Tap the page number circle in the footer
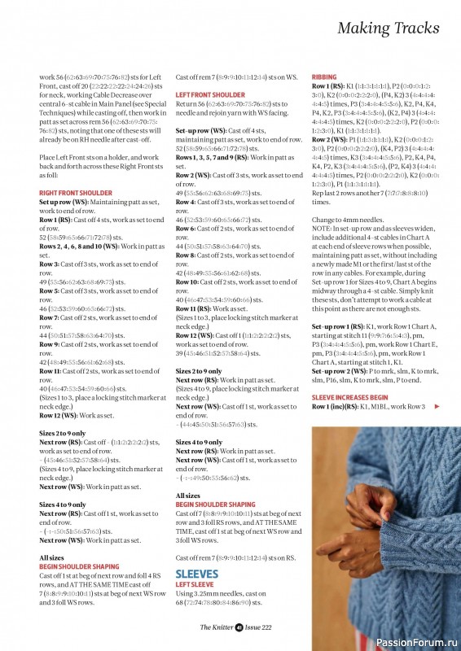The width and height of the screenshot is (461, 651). [x=239, y=627]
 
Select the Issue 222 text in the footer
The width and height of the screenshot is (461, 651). [x=259, y=627]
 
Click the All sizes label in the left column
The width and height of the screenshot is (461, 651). [x=52, y=557]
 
